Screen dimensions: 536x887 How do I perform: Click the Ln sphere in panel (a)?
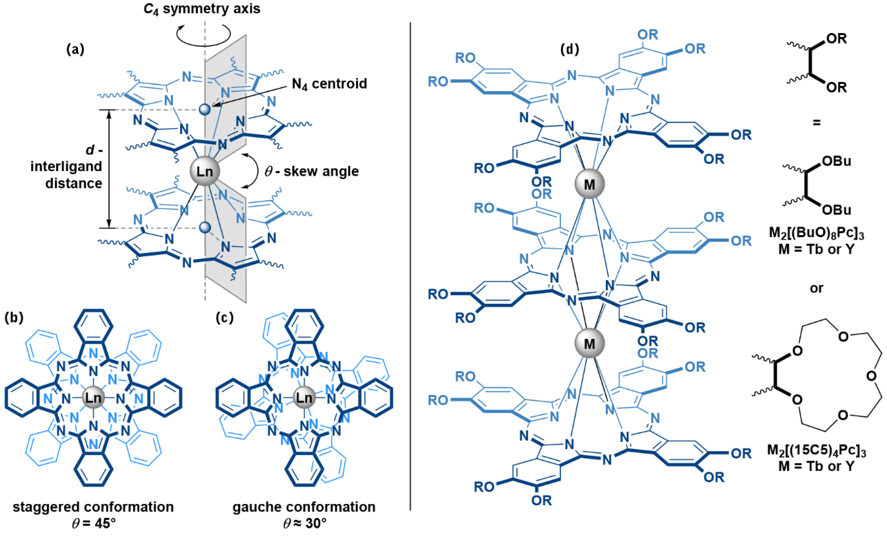click(204, 171)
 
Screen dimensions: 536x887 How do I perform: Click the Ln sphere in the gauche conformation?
click(304, 398)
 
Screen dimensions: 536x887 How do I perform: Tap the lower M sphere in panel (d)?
click(589, 343)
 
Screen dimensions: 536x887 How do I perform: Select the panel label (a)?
click(75, 49)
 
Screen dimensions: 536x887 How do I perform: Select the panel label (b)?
click(14, 317)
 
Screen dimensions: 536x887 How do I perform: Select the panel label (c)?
click(225, 317)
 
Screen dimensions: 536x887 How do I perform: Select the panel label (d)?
click(570, 49)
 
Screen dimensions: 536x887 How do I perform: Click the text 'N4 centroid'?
click(329, 84)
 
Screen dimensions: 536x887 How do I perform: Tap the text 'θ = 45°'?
click(94, 523)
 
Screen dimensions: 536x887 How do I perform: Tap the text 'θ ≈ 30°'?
click(304, 523)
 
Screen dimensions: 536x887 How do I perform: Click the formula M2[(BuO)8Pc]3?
click(816, 233)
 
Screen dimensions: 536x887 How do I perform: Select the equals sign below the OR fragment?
click(816, 123)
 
